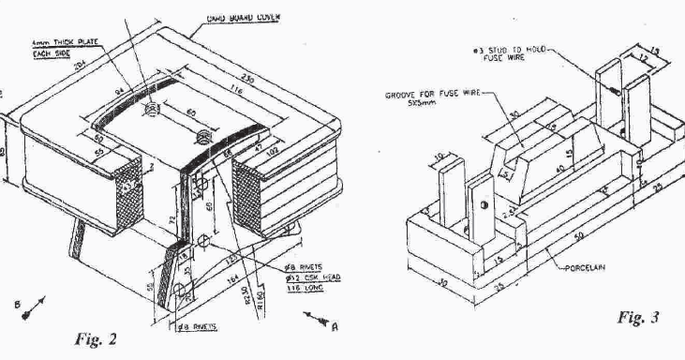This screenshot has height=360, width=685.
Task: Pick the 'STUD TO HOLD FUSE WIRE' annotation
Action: pos(514,49)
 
